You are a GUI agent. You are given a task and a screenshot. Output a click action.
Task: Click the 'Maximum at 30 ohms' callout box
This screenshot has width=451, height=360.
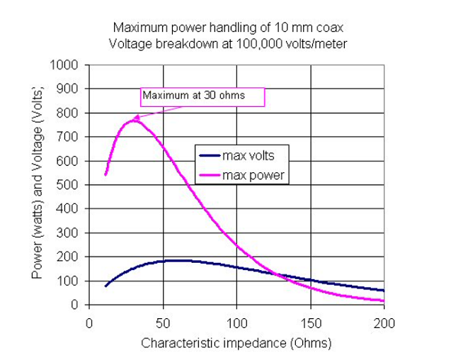(x=201, y=96)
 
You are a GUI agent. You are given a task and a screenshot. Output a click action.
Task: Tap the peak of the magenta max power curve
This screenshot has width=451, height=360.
(x=134, y=120)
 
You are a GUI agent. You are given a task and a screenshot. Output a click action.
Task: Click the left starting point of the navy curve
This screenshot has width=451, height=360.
(x=105, y=286)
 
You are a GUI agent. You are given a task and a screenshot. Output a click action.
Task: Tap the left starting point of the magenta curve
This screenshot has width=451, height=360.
(x=105, y=174)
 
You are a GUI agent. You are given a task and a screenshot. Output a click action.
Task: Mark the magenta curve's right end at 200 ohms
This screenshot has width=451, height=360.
(x=384, y=300)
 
